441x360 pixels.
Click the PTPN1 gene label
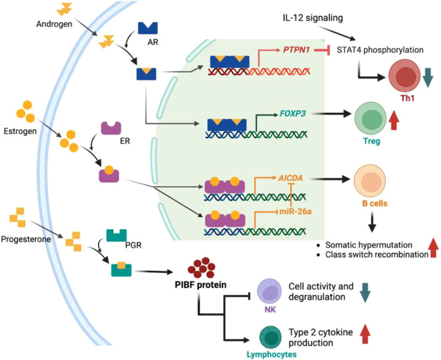click(296, 50)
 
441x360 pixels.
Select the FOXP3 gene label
click(292, 114)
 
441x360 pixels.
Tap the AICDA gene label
click(290, 178)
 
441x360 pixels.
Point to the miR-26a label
click(295, 211)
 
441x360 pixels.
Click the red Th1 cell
click(405, 76)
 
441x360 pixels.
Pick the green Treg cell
click(370, 118)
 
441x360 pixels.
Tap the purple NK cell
click(270, 292)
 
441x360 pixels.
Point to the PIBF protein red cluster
click(201, 267)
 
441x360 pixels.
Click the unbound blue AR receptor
click(148, 28)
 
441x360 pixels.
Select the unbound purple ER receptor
click(111, 129)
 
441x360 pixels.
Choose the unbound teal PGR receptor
click(117, 236)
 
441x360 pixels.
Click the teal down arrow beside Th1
click(429, 77)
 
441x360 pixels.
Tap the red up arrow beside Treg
click(394, 120)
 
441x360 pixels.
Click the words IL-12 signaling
click(313, 18)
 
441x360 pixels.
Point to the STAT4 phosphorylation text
click(380, 50)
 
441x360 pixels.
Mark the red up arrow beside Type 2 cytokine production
click(365, 334)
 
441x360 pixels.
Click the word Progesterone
click(26, 239)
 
